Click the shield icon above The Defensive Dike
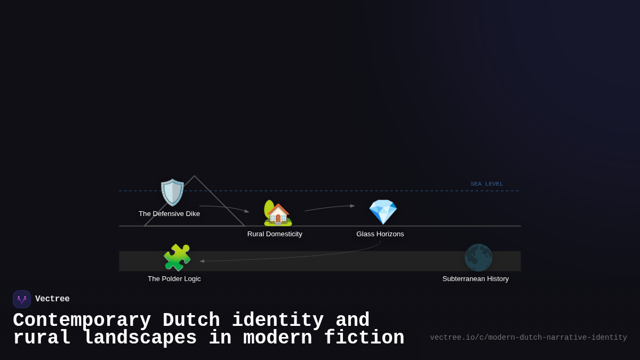coord(172,193)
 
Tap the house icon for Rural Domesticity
coord(277,213)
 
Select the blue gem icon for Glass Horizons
coord(383,212)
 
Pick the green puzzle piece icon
coord(177,258)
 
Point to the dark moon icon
coord(478,258)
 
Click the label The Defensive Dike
coord(169,214)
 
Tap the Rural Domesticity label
coord(275,234)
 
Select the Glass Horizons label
coord(380,234)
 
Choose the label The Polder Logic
coord(174,279)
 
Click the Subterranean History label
coord(475,279)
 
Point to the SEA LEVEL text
coord(486,184)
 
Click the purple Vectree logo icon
coord(22,299)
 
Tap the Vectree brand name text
coord(52,299)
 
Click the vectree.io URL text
coord(528,338)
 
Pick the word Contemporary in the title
coord(82,321)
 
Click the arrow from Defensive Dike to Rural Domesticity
coord(224,207)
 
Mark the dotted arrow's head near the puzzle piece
coord(202,261)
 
